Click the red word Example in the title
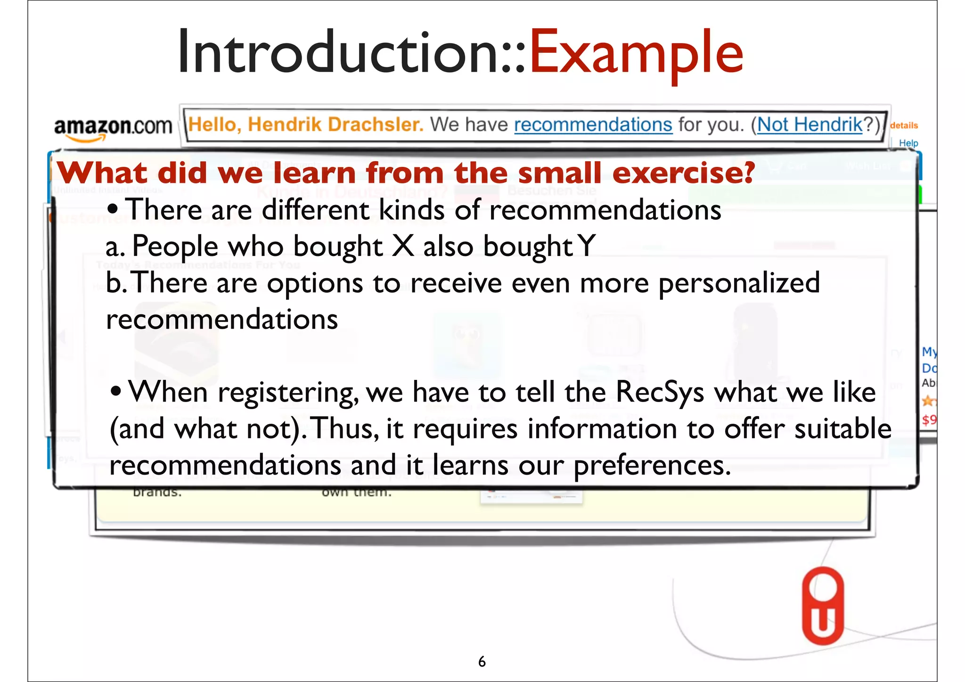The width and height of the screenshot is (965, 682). pyautogui.click(x=636, y=53)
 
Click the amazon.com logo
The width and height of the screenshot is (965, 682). pyautogui.click(x=113, y=127)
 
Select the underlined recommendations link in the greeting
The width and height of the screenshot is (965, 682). pyautogui.click(x=593, y=125)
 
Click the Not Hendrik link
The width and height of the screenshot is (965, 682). pyautogui.click(x=810, y=125)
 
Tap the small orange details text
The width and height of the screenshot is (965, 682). pyautogui.click(x=904, y=125)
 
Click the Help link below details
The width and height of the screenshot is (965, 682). pyautogui.click(x=908, y=143)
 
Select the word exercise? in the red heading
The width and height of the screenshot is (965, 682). pyautogui.click(x=684, y=173)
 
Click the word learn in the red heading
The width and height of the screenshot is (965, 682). pyautogui.click(x=315, y=173)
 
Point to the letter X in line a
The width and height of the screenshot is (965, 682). pyautogui.click(x=403, y=246)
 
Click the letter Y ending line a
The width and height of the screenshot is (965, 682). pyautogui.click(x=586, y=246)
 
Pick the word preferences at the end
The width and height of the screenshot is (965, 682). pyautogui.click(x=652, y=466)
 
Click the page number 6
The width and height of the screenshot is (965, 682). pyautogui.click(x=482, y=662)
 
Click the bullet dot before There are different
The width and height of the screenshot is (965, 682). pyautogui.click(x=112, y=209)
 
